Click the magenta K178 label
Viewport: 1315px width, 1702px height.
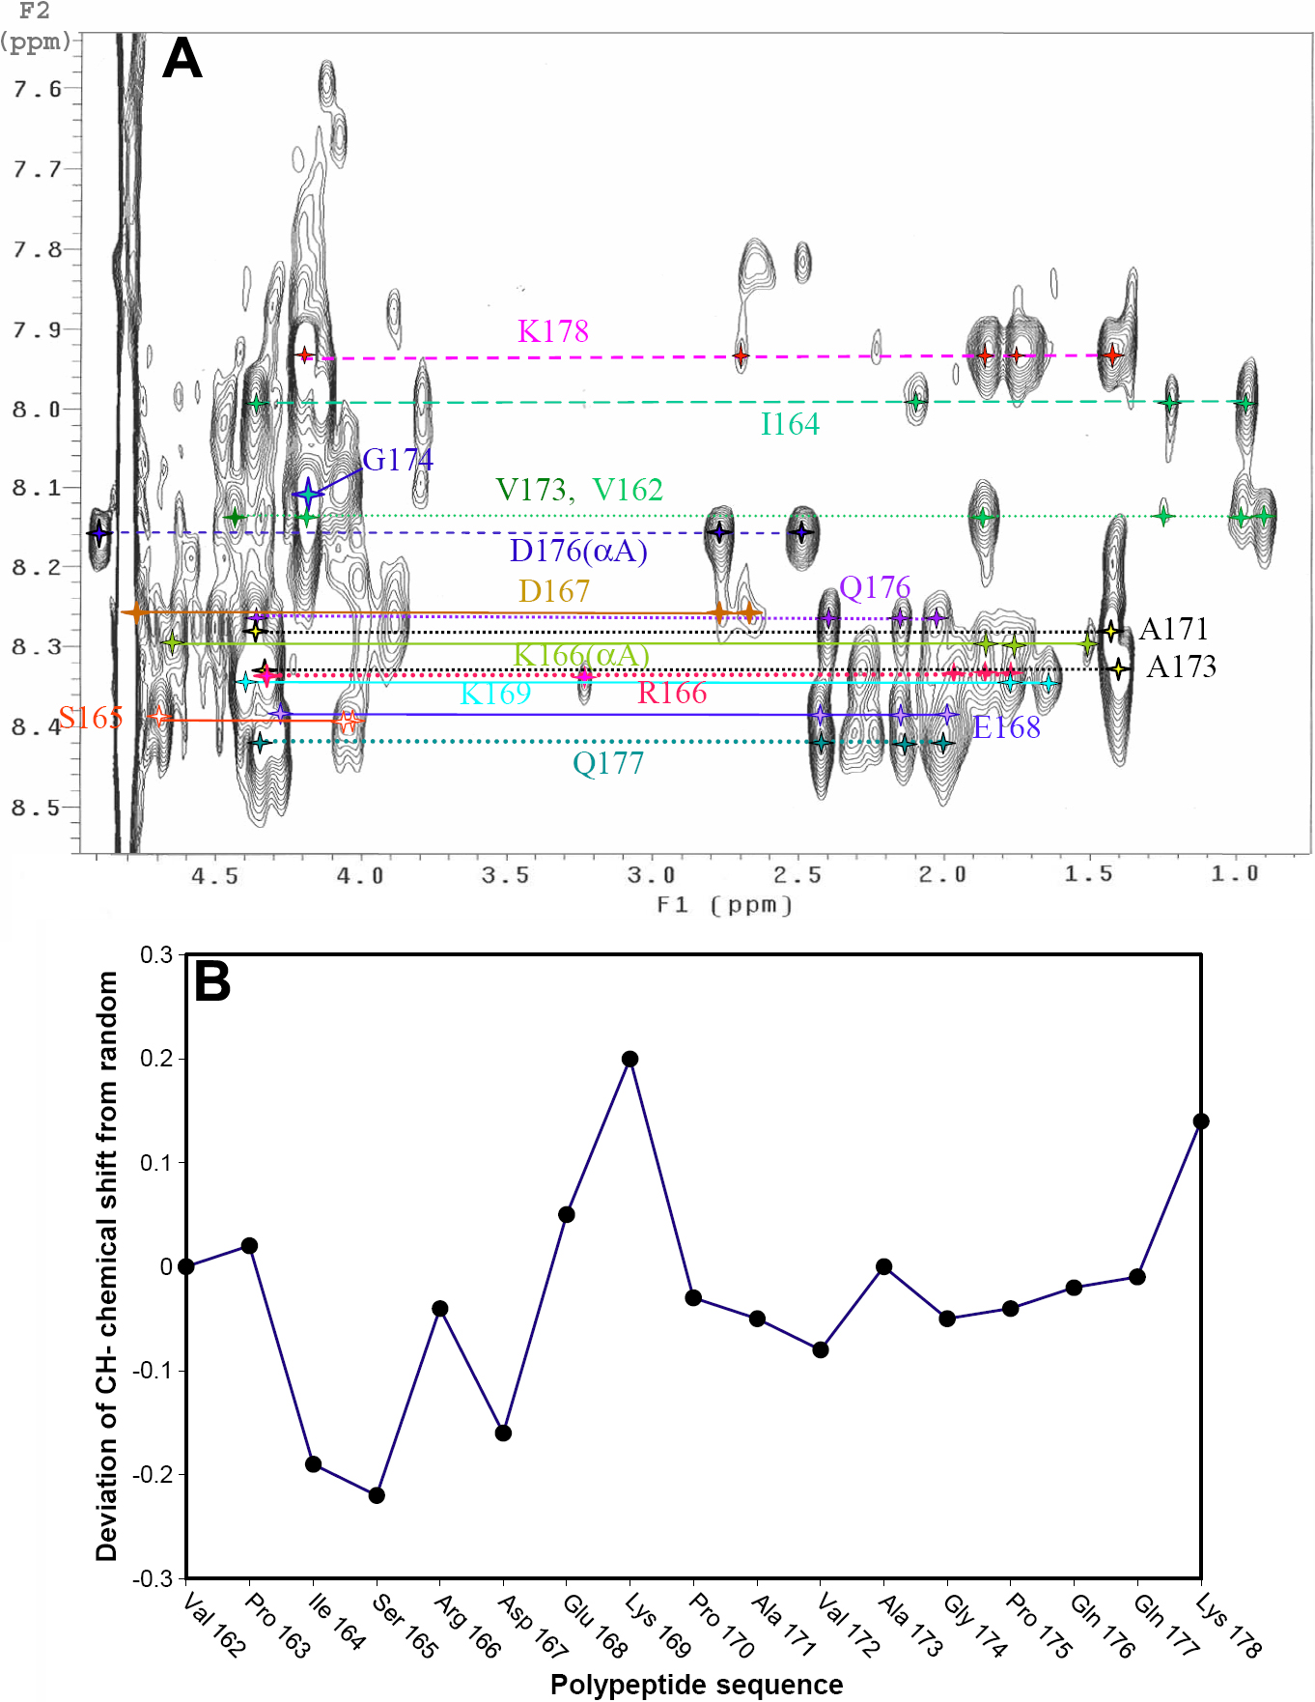click(x=552, y=331)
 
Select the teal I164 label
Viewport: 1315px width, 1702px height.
click(x=790, y=424)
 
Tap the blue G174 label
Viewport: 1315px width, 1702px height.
click(x=398, y=460)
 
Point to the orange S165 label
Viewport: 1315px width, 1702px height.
click(x=91, y=718)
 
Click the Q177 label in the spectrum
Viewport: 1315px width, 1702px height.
click(x=607, y=764)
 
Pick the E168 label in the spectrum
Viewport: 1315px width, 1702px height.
click(x=1006, y=727)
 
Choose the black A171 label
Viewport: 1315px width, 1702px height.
click(x=1174, y=629)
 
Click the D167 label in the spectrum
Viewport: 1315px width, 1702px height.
click(x=553, y=591)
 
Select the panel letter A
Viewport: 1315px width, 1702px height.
click(x=182, y=59)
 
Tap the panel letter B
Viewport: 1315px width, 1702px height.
click(x=212, y=981)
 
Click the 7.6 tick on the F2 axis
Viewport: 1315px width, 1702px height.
click(x=37, y=89)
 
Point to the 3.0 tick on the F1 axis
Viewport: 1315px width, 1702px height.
click(x=651, y=875)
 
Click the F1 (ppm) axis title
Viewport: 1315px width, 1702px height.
click(x=724, y=905)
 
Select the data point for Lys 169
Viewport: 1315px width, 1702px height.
click(x=630, y=1059)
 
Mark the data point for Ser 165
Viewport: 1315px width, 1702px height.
click(x=377, y=1495)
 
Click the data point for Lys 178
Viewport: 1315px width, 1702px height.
click(x=1201, y=1121)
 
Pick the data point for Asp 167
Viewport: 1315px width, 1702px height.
click(x=503, y=1433)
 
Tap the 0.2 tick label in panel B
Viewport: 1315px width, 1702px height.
click(x=156, y=1059)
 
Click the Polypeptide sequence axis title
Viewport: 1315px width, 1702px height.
click(x=696, y=1685)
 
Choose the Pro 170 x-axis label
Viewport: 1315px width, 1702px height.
click(x=720, y=1625)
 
